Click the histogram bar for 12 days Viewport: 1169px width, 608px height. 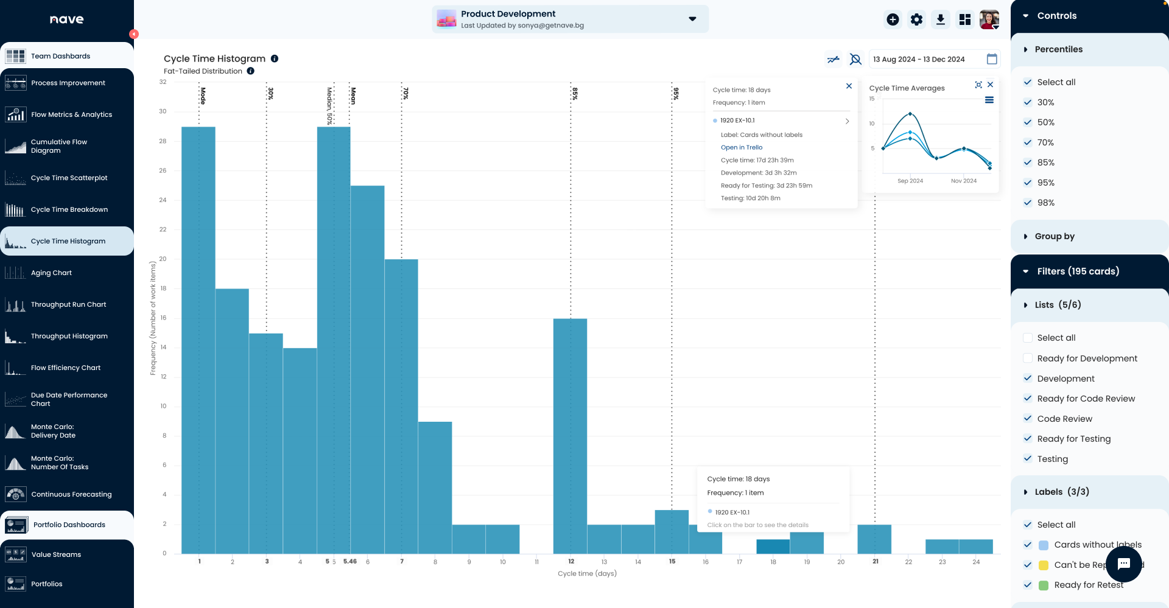click(x=570, y=435)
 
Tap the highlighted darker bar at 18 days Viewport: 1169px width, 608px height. click(x=773, y=547)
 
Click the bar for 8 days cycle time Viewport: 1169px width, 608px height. click(x=435, y=487)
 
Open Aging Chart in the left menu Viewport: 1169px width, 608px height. click(x=51, y=273)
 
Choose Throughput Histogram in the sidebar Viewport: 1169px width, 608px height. click(x=69, y=336)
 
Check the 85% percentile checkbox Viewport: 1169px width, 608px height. click(x=1028, y=162)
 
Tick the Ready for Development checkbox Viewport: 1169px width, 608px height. click(x=1028, y=358)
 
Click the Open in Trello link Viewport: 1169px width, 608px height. click(x=741, y=147)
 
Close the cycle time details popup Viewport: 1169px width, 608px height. click(x=849, y=86)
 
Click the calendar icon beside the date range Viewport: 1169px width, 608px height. click(x=992, y=59)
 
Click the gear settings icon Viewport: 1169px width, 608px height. click(x=916, y=19)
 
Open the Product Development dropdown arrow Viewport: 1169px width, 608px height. click(x=692, y=19)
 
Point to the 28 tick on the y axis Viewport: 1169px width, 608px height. click(x=163, y=141)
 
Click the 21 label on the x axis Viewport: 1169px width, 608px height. click(x=875, y=562)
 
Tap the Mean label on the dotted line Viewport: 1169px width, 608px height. click(x=353, y=96)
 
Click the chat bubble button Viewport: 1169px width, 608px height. click(x=1123, y=564)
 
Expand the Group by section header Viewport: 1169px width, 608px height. click(x=1055, y=236)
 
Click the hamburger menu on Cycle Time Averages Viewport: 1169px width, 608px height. click(x=989, y=100)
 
